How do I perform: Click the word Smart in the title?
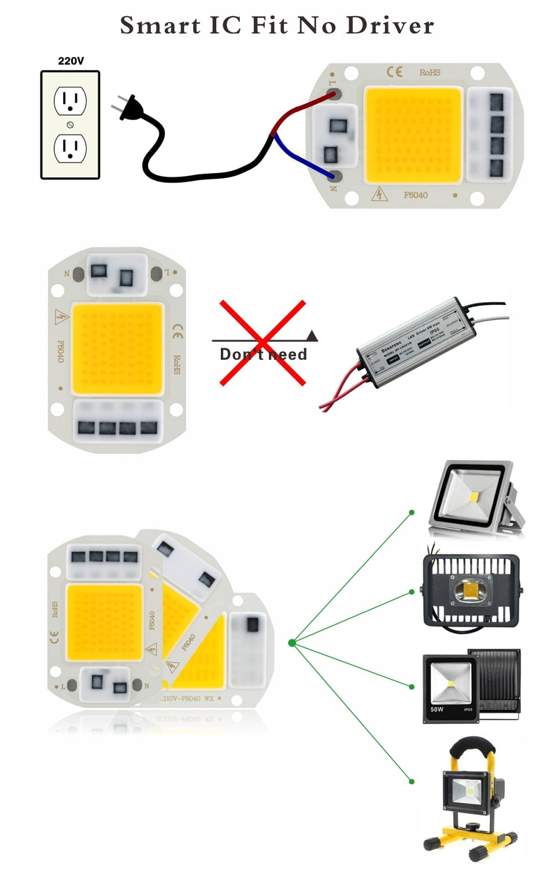pyautogui.click(x=160, y=25)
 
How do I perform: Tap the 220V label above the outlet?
pyautogui.click(x=71, y=61)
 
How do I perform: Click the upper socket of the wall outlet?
pyautogui.click(x=70, y=100)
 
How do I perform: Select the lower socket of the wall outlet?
pyautogui.click(x=70, y=148)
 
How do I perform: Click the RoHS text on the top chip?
pyautogui.click(x=430, y=73)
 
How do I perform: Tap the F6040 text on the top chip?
pyautogui.click(x=416, y=195)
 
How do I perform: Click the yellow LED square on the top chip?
pyautogui.click(x=413, y=135)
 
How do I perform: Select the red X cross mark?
pyautogui.click(x=262, y=342)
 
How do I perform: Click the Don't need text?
pyautogui.click(x=263, y=355)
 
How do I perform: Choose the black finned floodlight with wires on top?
pyautogui.click(x=472, y=589)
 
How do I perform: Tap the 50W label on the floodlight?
pyautogui.click(x=436, y=709)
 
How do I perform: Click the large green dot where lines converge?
pyautogui.click(x=292, y=643)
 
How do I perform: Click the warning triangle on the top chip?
pyautogui.click(x=379, y=194)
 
